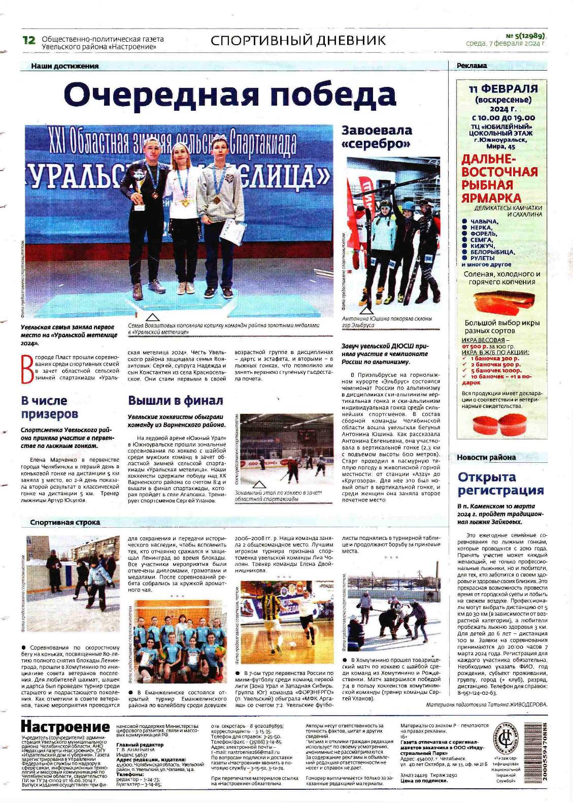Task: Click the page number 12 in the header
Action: click(x=29, y=40)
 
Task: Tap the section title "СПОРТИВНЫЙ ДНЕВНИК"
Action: click(x=298, y=41)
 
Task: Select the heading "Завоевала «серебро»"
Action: click(x=377, y=137)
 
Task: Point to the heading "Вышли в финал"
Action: click(x=175, y=401)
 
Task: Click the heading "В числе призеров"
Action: click(x=50, y=407)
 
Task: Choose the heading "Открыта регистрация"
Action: click(x=494, y=484)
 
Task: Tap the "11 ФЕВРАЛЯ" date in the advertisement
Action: click(x=503, y=88)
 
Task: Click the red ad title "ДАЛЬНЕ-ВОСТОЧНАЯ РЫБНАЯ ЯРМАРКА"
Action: click(x=499, y=178)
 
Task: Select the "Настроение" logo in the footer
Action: click(x=65, y=726)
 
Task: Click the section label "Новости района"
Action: click(x=486, y=457)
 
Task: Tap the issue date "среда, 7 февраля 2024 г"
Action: click(x=505, y=44)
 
